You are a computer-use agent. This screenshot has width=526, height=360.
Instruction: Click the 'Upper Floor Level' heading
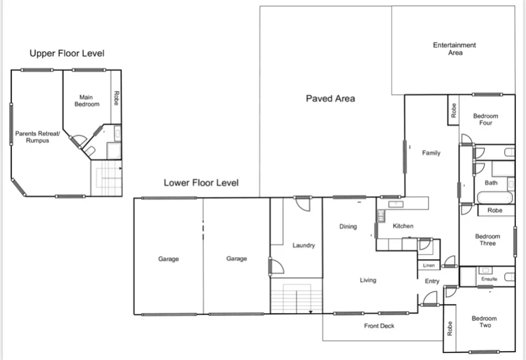click(x=67, y=53)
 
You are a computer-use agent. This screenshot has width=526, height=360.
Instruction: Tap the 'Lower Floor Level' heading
click(x=201, y=183)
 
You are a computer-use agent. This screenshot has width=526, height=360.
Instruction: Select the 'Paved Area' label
click(x=330, y=98)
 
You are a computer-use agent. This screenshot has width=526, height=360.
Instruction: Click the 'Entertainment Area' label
click(x=454, y=49)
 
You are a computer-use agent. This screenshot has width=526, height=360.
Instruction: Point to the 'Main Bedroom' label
click(x=86, y=100)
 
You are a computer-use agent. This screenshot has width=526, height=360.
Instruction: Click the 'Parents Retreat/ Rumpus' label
click(x=37, y=137)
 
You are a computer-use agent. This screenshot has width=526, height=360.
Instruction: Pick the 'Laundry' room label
click(x=304, y=246)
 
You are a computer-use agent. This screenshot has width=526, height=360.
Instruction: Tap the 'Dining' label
click(x=347, y=227)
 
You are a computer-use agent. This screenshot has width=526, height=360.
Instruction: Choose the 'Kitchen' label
click(x=403, y=226)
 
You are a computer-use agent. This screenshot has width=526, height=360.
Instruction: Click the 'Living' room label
click(x=367, y=280)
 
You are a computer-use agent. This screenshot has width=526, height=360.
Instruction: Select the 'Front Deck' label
click(x=379, y=326)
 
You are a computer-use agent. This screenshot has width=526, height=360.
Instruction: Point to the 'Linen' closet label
click(x=428, y=265)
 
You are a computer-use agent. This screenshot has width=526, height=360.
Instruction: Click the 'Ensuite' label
click(x=489, y=279)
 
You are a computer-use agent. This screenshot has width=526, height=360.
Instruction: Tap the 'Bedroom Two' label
click(x=484, y=322)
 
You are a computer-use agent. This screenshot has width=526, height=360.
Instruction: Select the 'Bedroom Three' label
click(x=487, y=240)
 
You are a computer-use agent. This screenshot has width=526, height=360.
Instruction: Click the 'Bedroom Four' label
click(x=485, y=119)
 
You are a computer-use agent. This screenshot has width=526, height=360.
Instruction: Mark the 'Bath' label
click(x=491, y=183)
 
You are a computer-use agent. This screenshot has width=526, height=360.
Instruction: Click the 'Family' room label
click(x=431, y=152)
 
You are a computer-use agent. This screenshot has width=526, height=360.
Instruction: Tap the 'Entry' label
click(x=432, y=281)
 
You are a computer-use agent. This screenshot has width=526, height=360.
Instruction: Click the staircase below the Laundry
click(x=296, y=299)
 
